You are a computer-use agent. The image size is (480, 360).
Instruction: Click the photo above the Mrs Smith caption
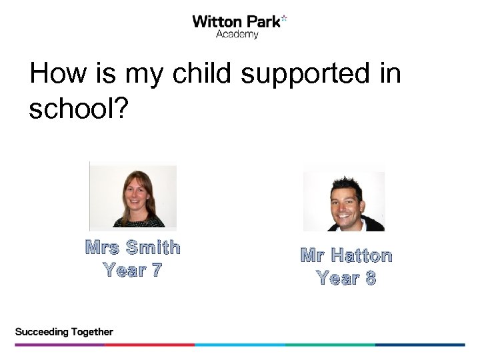(x=133, y=195)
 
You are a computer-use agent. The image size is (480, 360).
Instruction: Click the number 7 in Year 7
(x=155, y=271)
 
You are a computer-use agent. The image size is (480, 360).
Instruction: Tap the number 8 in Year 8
(x=370, y=278)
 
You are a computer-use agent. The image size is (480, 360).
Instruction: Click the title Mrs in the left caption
(x=102, y=248)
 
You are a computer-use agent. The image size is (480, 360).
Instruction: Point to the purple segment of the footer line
(x=59, y=345)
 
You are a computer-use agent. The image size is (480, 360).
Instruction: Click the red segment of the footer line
(x=150, y=345)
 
